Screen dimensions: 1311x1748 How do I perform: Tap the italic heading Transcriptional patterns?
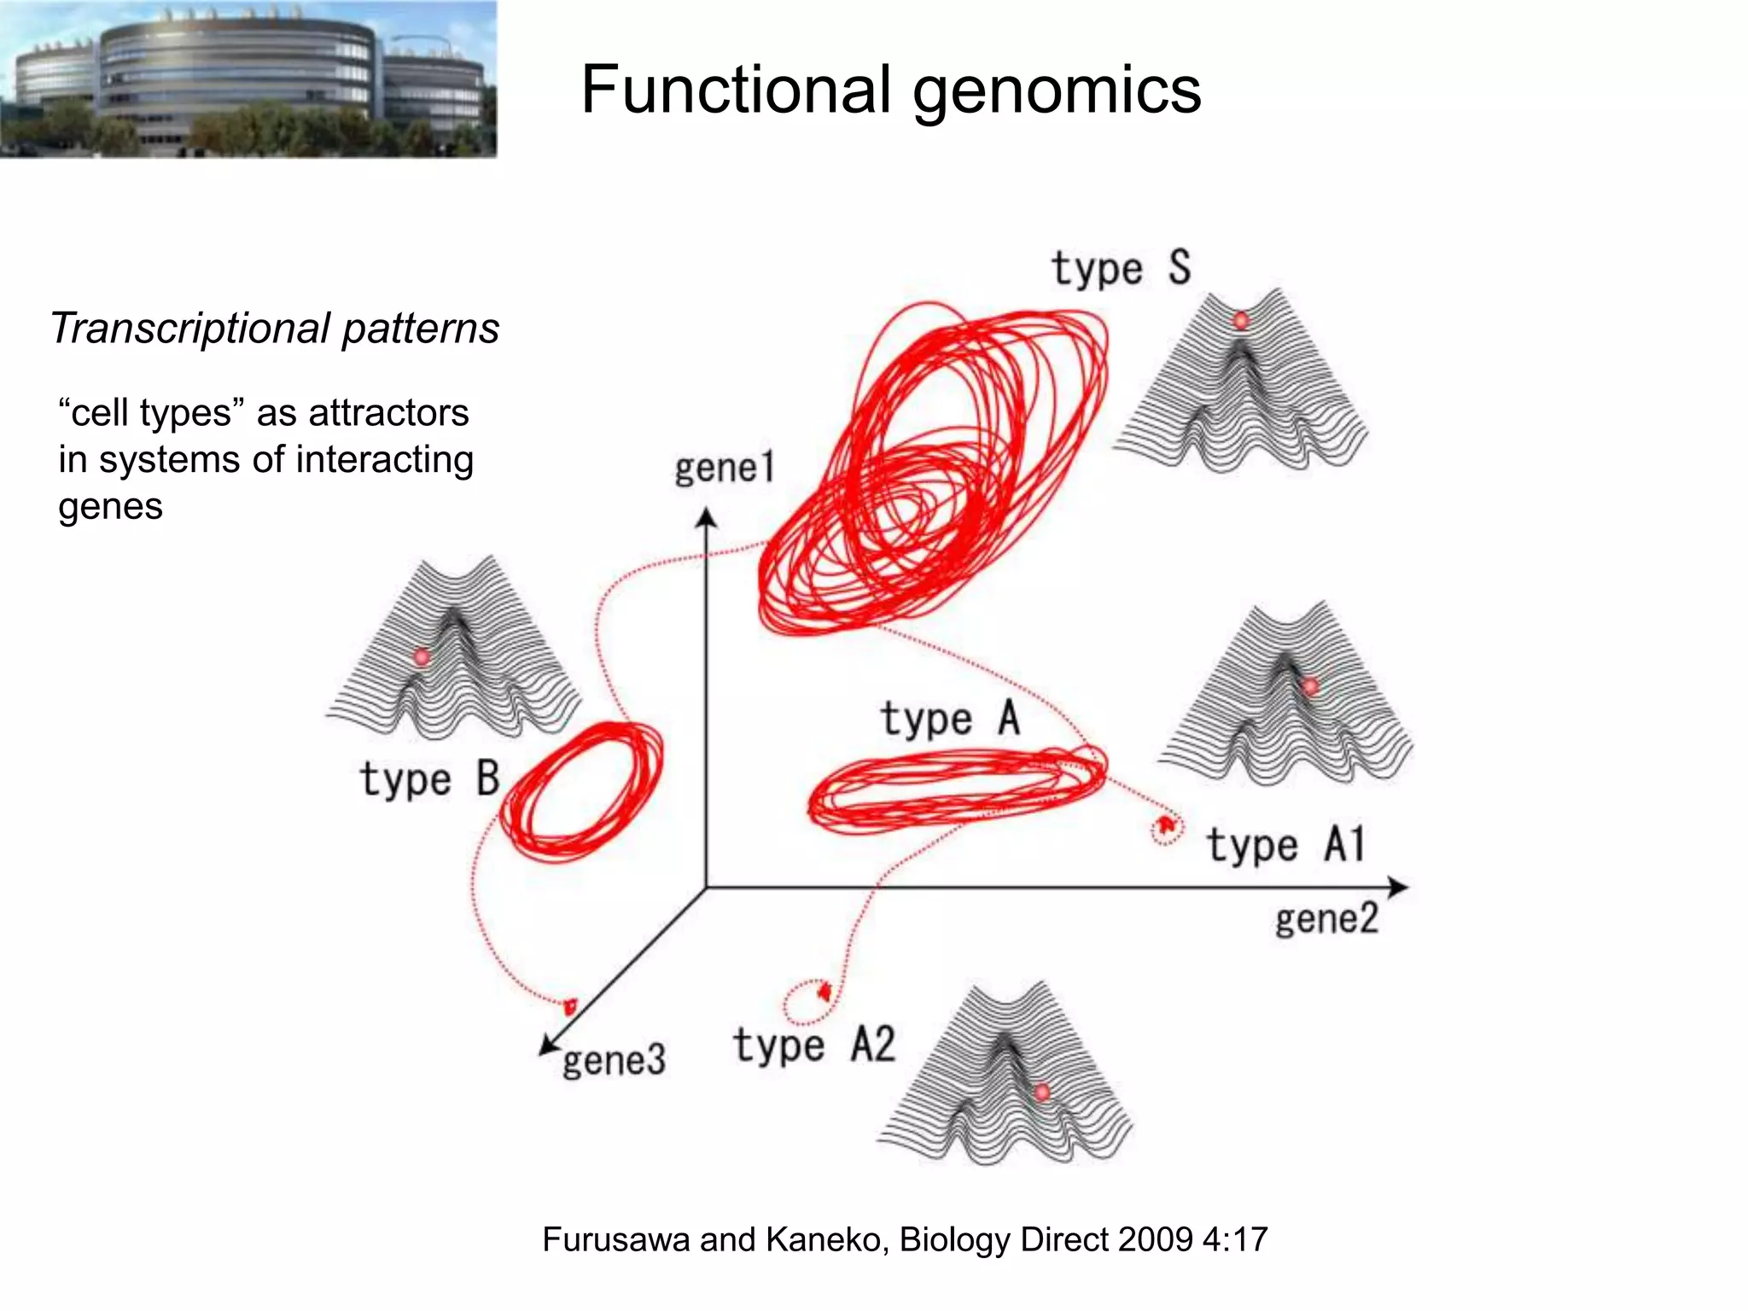(x=275, y=329)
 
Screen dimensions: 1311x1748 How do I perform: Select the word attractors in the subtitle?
(x=388, y=413)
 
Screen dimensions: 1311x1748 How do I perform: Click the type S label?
(x=1121, y=269)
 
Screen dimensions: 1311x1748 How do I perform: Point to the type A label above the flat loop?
(x=950, y=718)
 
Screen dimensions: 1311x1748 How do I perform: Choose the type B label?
(x=429, y=779)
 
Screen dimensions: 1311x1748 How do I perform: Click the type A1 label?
(x=1285, y=845)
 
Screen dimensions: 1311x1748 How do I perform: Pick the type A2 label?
(x=813, y=1046)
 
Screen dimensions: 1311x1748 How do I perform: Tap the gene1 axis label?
(x=724, y=468)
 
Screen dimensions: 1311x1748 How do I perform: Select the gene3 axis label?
(x=614, y=1061)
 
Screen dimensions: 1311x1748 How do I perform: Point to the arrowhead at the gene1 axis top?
(x=706, y=518)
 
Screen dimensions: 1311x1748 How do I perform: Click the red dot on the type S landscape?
(x=1241, y=321)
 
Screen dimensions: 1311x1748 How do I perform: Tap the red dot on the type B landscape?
(x=422, y=656)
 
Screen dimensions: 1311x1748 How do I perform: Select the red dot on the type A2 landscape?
(x=1041, y=1092)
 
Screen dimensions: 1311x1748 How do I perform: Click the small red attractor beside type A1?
(x=1165, y=826)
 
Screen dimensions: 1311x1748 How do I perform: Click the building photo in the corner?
(x=248, y=79)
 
